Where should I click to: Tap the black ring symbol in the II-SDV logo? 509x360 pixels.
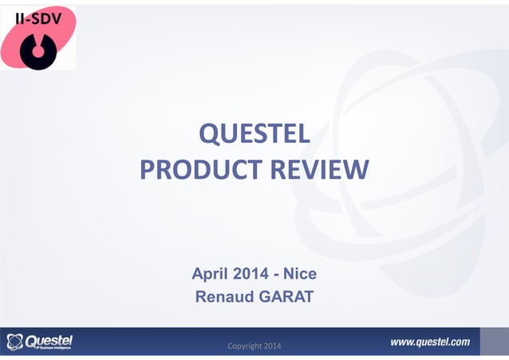pyautogui.click(x=37, y=50)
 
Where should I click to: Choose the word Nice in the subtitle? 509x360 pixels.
pyautogui.click(x=302, y=275)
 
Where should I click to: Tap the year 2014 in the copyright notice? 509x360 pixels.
pyautogui.click(x=279, y=345)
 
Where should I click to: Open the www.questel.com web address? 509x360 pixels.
pyautogui.click(x=429, y=342)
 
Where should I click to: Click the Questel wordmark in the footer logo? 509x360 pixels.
pyautogui.click(x=50, y=339)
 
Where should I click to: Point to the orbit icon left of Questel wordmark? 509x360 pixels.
pyautogui.click(x=15, y=342)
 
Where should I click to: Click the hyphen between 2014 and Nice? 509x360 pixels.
pyautogui.click(x=279, y=275)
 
